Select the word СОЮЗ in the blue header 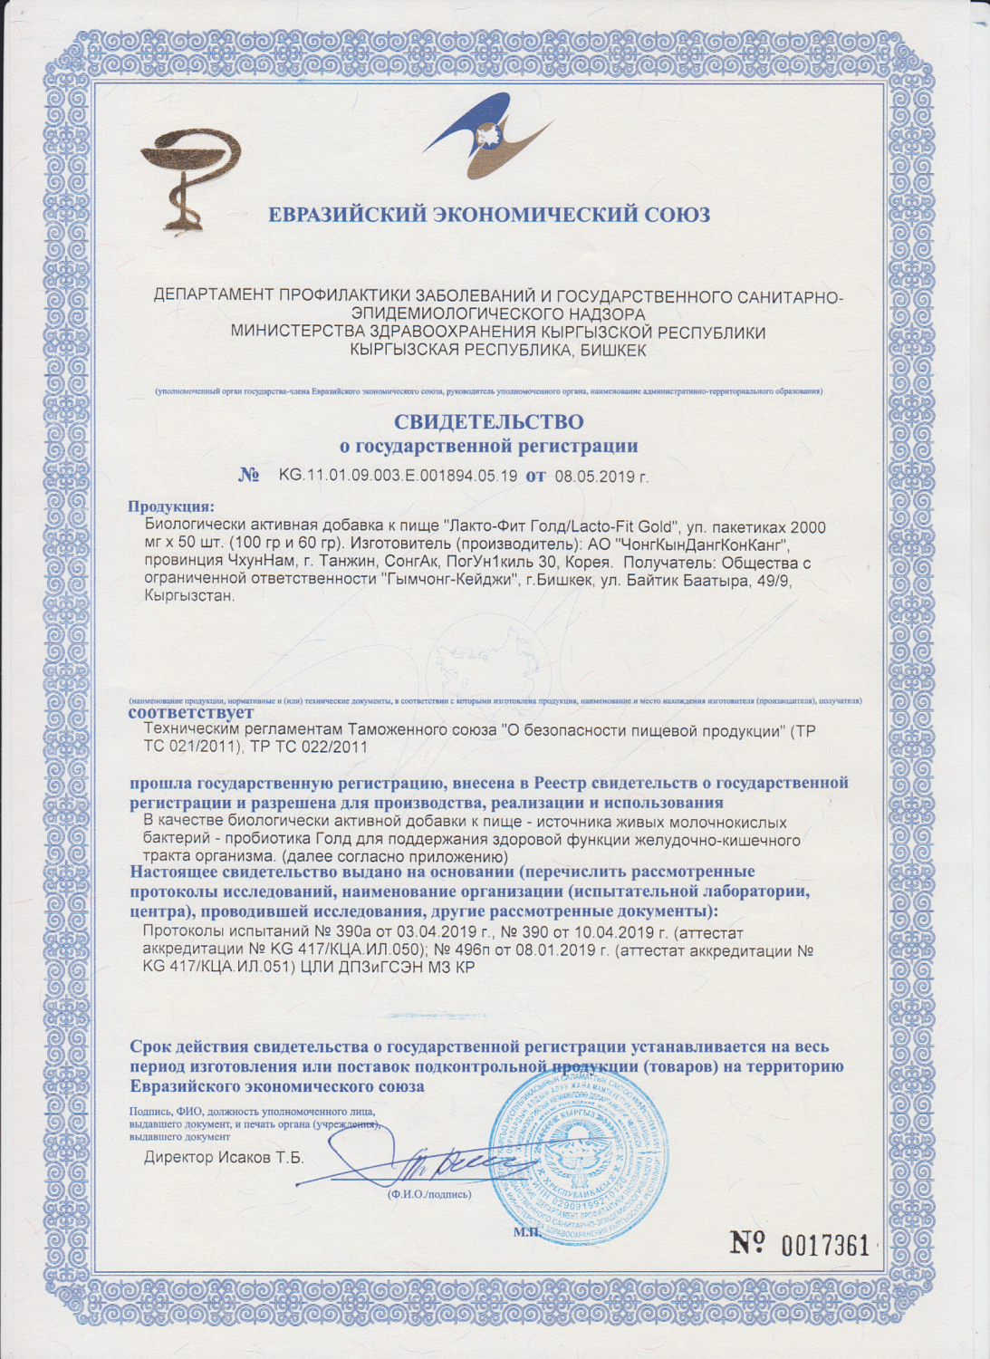677,215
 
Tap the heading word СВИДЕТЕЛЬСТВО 488,422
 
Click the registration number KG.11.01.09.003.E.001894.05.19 398,475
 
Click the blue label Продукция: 171,506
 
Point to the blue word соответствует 191,713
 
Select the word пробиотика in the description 275,840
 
